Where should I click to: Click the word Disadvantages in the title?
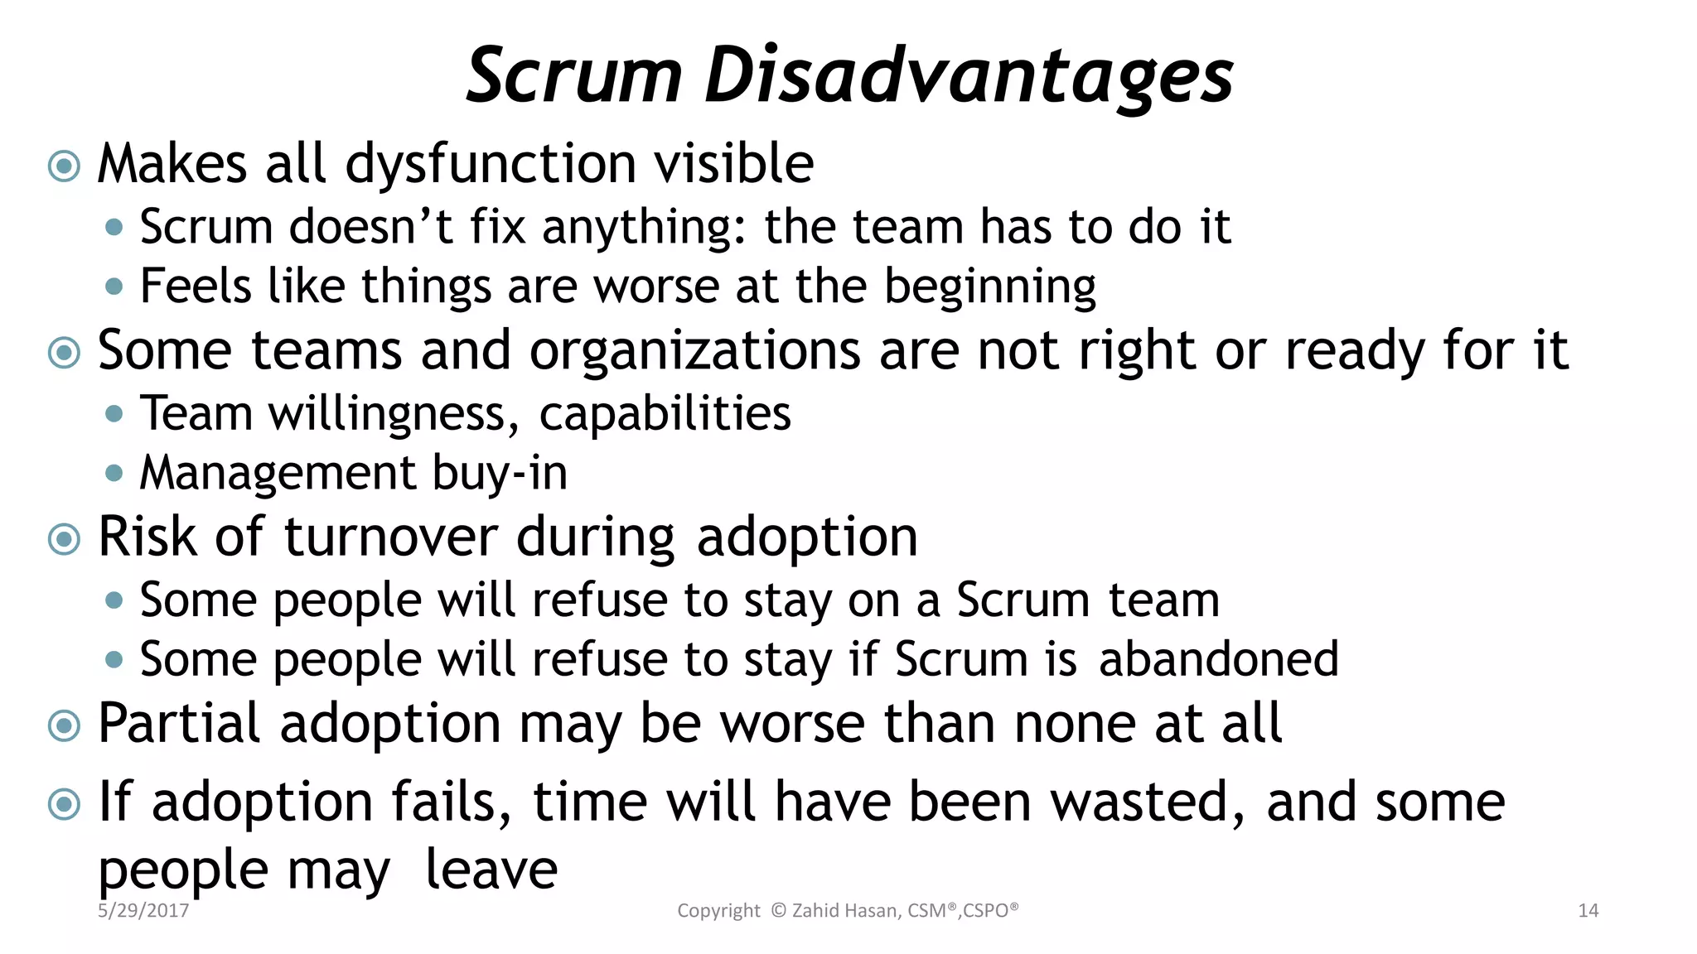969,76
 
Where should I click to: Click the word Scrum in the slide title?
574,76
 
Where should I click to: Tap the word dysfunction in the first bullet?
491,164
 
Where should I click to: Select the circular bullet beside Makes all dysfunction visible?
64,166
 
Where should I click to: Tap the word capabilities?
665,414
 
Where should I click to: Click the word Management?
278,473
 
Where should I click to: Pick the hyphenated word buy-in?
500,474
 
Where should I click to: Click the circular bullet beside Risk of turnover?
64,540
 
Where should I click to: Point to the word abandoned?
1218,659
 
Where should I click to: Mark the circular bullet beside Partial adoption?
64,726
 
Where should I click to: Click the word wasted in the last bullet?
1148,802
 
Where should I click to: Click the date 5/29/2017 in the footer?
143,911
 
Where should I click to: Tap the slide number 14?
1588,911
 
